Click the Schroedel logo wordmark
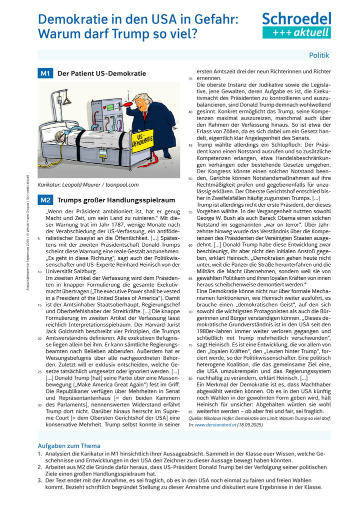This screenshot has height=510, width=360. (296, 19)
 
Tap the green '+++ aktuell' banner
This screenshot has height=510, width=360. (296, 33)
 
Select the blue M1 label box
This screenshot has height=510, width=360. (45, 74)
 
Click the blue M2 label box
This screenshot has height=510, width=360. (45, 200)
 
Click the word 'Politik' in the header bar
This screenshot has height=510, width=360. (319, 56)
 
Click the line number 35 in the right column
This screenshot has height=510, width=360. (190, 79)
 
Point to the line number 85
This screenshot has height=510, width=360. (190, 411)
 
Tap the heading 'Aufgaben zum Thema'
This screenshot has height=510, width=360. (69, 446)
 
